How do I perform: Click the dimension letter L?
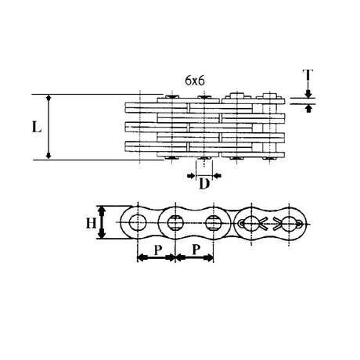(x=37, y=128)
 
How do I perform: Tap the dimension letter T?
(x=308, y=75)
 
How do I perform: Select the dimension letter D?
(x=204, y=184)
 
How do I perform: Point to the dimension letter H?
(x=91, y=223)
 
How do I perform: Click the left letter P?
(x=158, y=250)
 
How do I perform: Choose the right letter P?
(x=196, y=250)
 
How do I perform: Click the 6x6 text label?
(x=195, y=81)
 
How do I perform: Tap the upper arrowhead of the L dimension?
(x=49, y=98)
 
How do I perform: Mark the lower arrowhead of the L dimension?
(x=49, y=156)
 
